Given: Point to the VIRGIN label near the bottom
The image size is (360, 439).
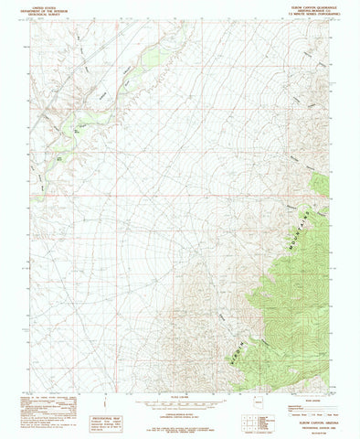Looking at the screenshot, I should (x=244, y=331).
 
